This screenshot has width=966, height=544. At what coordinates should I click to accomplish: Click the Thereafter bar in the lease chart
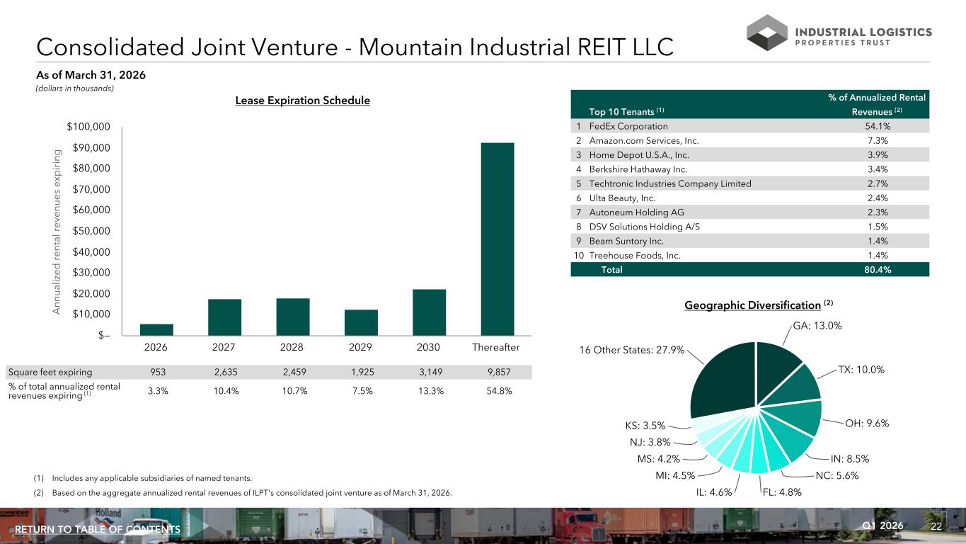coord(498,239)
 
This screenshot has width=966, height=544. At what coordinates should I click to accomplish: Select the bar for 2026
coord(156,329)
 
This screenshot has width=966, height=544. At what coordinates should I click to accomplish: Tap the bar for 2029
coord(361,322)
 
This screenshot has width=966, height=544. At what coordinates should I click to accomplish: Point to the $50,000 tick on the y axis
coord(91,230)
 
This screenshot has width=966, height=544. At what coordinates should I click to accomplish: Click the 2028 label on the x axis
coord(292,347)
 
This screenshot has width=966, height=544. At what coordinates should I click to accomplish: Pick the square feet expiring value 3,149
coord(430,372)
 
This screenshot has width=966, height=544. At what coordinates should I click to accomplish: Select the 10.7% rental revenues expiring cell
coord(294,391)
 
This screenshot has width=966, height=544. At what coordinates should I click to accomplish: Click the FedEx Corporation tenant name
coord(628,126)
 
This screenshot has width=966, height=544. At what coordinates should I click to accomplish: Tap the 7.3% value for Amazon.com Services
coord(878,140)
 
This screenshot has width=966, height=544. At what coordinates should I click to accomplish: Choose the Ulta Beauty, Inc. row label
coord(622,198)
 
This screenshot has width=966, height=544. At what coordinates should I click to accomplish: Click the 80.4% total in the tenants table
coord(878,269)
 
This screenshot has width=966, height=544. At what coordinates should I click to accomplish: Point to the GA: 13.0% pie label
coord(817,326)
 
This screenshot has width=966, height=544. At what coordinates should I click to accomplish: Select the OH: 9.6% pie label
coord(867,423)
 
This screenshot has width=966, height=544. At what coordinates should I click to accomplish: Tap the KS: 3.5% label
coord(645,425)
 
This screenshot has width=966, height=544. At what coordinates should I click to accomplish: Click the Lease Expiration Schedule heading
coord(303,100)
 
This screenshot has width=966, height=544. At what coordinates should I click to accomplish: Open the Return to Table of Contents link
coord(98,529)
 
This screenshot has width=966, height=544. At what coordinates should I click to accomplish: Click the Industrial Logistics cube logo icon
coord(767,33)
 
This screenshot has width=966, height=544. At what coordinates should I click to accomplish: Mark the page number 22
coord(936,526)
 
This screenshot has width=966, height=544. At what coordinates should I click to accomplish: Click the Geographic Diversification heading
coord(752,305)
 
